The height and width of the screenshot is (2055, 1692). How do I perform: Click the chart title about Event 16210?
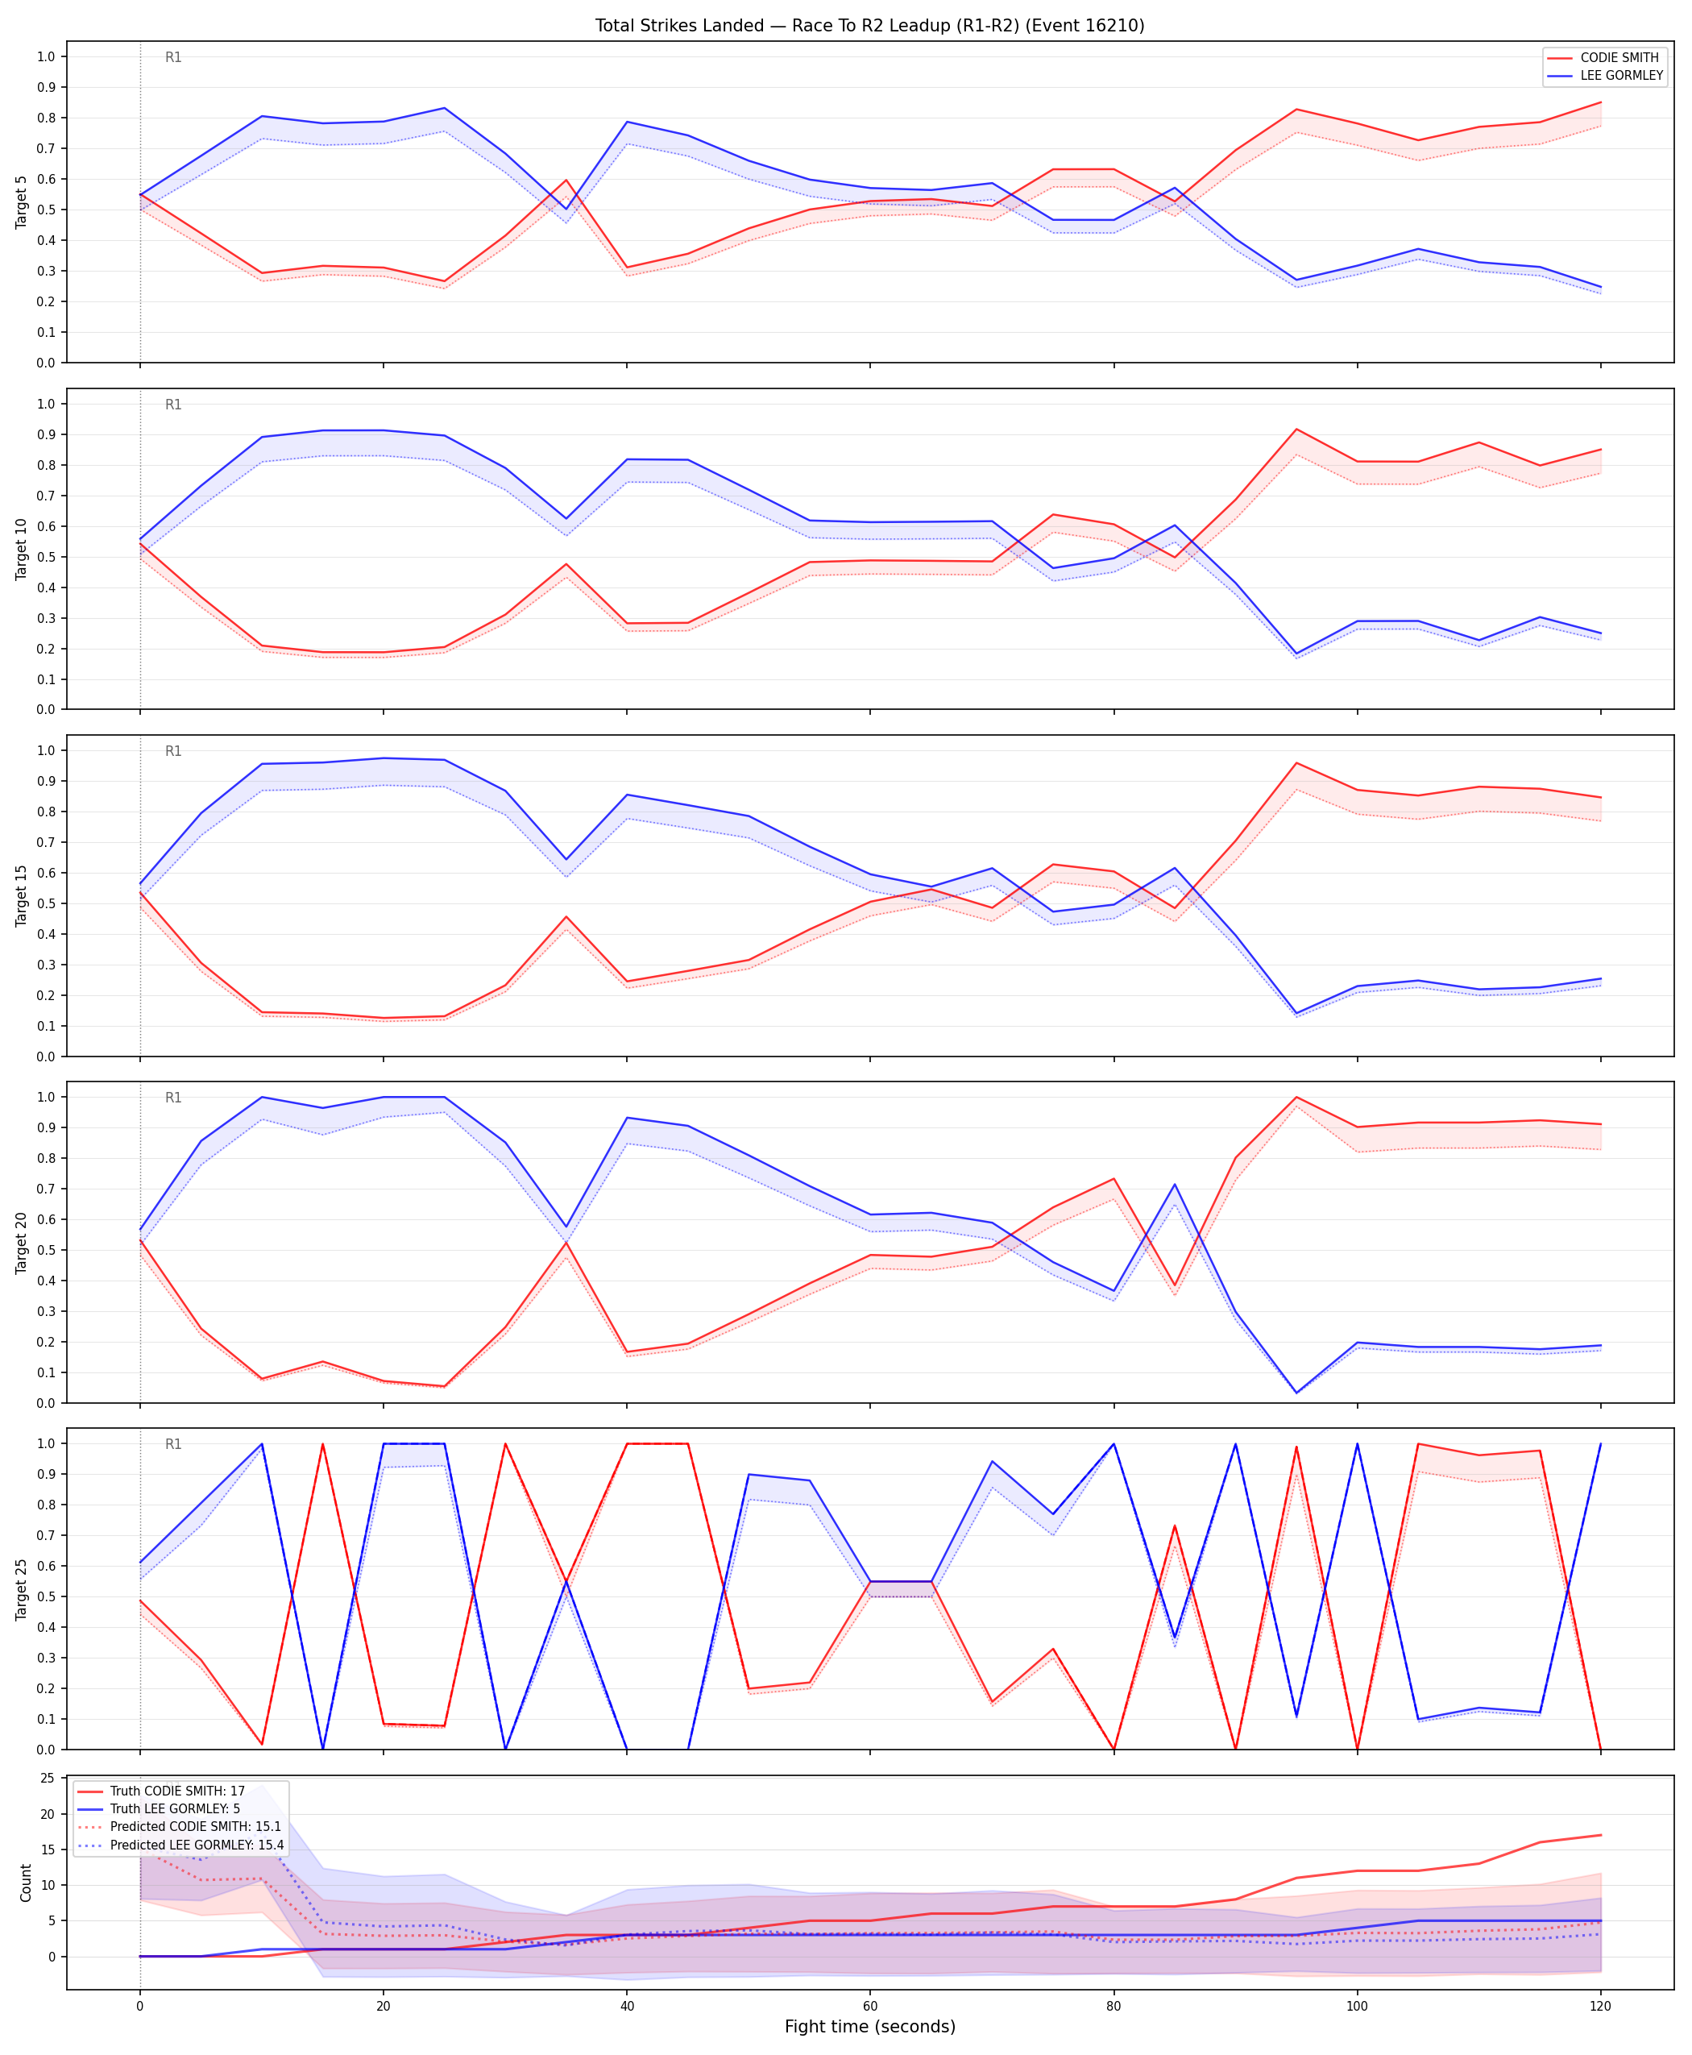[869, 25]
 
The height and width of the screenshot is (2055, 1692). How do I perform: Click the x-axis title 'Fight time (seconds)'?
[869, 2027]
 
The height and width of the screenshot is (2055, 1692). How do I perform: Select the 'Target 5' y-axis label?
[22, 201]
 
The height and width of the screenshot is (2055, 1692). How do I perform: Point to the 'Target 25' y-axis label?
[22, 1589]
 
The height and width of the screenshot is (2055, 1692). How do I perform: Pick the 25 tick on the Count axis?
[48, 1778]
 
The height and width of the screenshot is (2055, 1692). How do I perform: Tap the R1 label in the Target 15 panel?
[173, 752]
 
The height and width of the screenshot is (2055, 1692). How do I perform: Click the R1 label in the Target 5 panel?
[173, 57]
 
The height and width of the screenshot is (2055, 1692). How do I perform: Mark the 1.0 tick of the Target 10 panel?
[46, 404]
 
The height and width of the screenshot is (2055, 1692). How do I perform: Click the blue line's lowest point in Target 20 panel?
[1296, 1392]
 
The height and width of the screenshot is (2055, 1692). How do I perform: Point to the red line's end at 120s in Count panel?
[1600, 1835]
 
